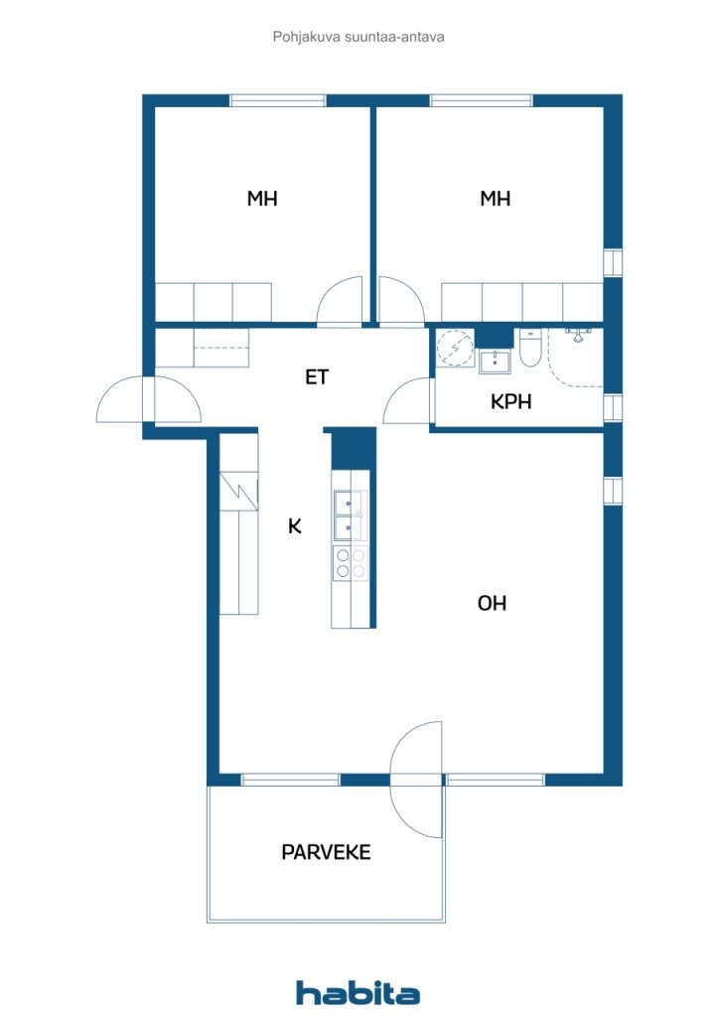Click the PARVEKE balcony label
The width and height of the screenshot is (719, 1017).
[326, 851]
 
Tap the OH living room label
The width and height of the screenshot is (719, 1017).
[492, 603]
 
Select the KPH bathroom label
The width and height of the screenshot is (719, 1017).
[510, 401]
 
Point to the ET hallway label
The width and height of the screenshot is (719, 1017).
[317, 376]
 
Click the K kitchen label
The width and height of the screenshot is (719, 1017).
[294, 526]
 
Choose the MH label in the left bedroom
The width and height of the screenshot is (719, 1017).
[262, 199]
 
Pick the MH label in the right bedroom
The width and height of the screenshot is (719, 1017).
[495, 199]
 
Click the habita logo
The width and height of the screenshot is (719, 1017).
[358, 993]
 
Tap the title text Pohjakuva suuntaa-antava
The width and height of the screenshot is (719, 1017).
[359, 37]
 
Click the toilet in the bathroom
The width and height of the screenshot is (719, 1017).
[529, 348]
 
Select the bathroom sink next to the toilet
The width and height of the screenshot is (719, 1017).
[495, 362]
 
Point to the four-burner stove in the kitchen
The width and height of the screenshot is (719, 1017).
[351, 563]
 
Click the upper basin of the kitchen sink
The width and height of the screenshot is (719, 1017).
[350, 503]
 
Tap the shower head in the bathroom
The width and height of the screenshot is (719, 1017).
[578, 335]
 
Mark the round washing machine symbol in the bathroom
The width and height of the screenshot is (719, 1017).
[455, 348]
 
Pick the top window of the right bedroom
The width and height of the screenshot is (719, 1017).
[481, 100]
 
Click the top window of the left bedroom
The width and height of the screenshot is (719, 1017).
[277, 100]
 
